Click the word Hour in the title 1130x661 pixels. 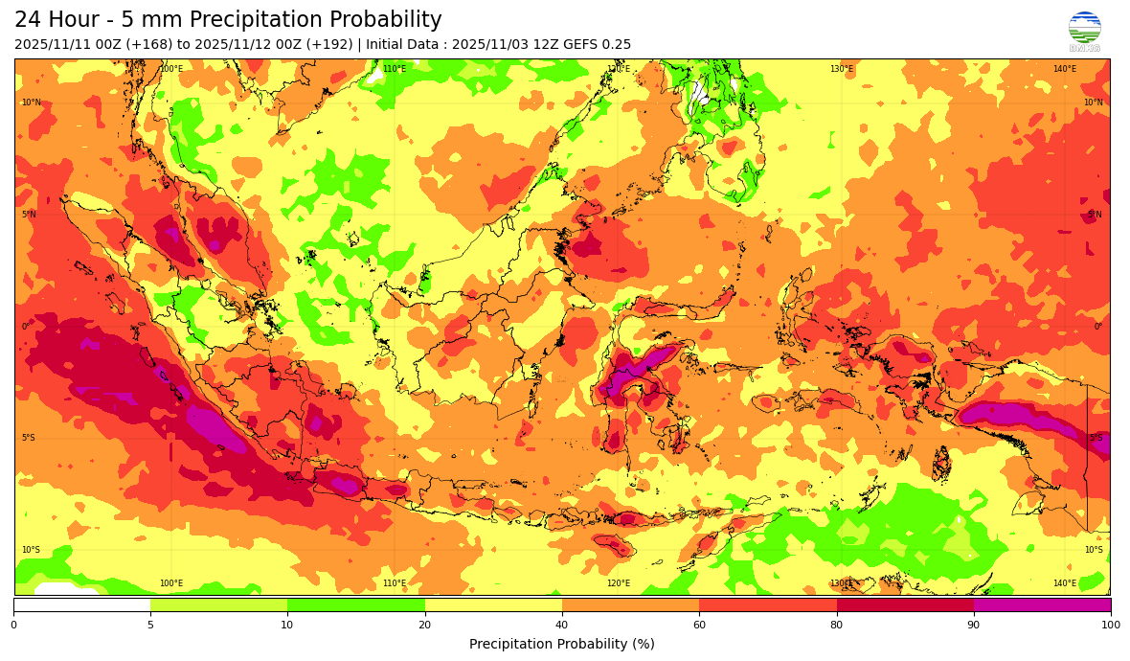pos(78,20)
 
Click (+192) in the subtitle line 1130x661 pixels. pos(329,45)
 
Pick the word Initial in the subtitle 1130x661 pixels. pos(388,45)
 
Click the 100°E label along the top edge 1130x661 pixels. pos(171,69)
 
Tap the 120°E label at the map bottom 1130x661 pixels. pos(619,583)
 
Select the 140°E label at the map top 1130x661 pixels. pos(1065,69)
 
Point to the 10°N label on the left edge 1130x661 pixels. pos(32,103)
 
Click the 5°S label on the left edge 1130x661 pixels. pos(30,438)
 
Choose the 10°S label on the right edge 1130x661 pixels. pos(1093,550)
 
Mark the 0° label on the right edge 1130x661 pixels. pos(1098,327)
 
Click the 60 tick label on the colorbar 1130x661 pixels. pos(699,626)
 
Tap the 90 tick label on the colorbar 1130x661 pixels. pos(974,626)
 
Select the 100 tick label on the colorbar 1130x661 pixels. pos(1110,626)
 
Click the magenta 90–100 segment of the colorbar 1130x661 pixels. pos(1042,604)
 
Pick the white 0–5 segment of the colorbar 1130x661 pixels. pos(81,604)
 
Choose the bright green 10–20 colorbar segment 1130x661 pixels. pos(355,604)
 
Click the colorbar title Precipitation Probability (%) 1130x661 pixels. pos(562,645)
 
